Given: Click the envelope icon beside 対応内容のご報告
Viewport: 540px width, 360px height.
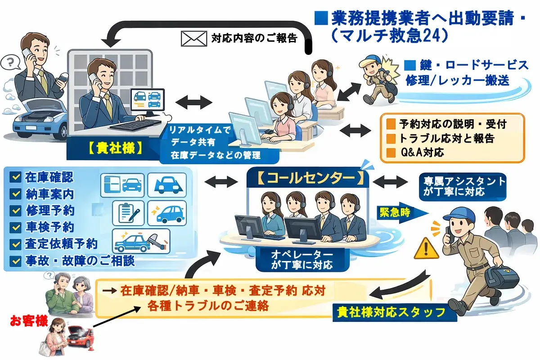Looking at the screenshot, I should pyautogui.click(x=194, y=38).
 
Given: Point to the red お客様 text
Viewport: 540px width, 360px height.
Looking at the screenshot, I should pyautogui.click(x=28, y=322).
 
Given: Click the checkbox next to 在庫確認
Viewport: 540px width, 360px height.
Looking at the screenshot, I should pyautogui.click(x=18, y=177).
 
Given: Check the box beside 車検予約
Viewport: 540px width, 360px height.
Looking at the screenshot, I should pyautogui.click(x=18, y=227).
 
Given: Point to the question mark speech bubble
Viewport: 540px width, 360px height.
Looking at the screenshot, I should pyautogui.click(x=9, y=62).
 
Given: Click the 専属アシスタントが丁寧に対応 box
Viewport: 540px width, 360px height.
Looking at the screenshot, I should pyautogui.click(x=462, y=186).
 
